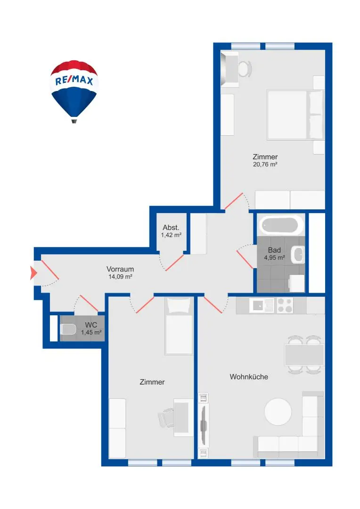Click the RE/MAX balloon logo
(x=74, y=91)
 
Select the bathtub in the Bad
(x=281, y=225)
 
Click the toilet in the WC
(x=68, y=329)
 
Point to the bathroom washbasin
(x=297, y=254)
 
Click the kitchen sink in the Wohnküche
(x=262, y=305)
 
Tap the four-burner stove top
(x=285, y=305)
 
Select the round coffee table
(x=278, y=411)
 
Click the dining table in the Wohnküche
(x=304, y=355)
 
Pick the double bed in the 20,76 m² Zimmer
(x=295, y=115)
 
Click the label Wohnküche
(x=249, y=377)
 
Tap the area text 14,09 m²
(x=121, y=277)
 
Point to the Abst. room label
(x=171, y=228)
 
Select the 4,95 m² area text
(x=274, y=258)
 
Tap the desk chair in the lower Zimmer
(x=166, y=418)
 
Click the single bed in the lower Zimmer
(x=179, y=326)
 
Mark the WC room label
(x=91, y=325)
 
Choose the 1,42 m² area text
(x=171, y=235)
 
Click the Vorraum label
(x=120, y=269)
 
